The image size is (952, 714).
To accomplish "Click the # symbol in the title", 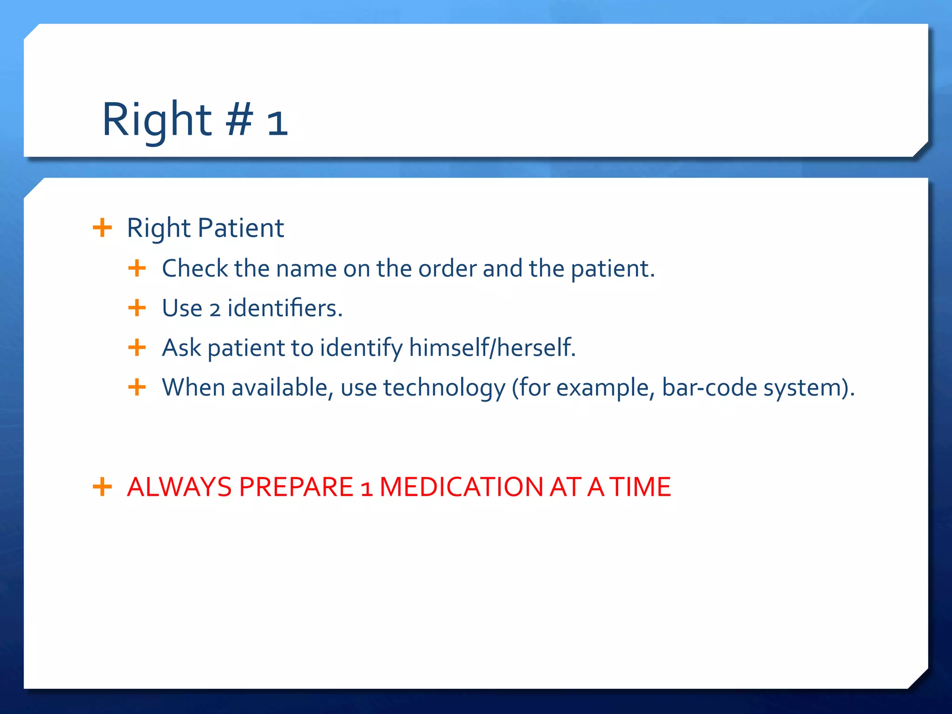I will point(239,120).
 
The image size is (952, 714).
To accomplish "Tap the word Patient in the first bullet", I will point(241,228).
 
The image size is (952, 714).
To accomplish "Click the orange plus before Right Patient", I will point(102,228).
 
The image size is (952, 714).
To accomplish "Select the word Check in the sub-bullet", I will point(195,268).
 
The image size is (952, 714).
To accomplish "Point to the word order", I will point(447,268).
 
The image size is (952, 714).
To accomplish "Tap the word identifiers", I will point(284,308).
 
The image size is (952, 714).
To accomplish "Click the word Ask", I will point(181,348).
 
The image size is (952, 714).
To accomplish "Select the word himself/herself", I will point(492,348).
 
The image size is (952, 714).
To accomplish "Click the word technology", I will point(444,388).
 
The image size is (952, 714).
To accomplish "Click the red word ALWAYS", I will point(179,487).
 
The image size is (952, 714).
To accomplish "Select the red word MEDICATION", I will point(461,487).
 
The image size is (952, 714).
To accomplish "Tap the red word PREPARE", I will point(296,487).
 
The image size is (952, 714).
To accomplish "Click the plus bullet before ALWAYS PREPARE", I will point(102,487).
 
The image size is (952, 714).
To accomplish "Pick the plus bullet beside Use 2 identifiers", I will point(137,308).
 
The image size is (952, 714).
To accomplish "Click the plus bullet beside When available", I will point(137,387).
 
